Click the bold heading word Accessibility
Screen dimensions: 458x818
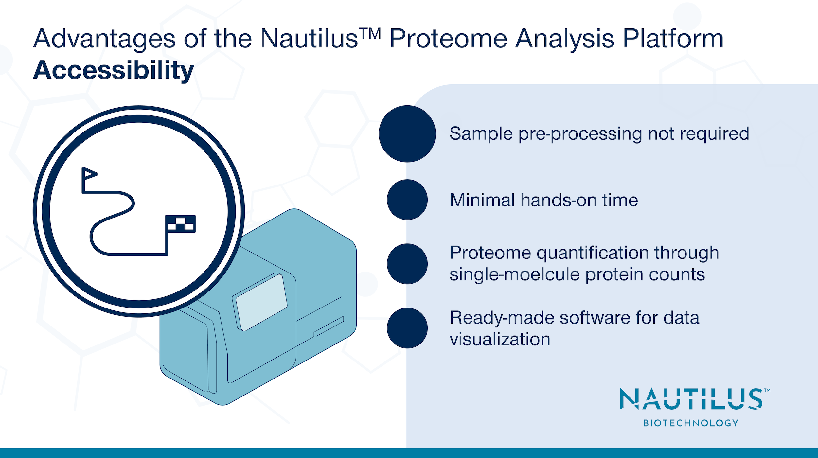pyautogui.click(x=114, y=70)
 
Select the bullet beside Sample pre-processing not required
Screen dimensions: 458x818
pyautogui.click(x=407, y=133)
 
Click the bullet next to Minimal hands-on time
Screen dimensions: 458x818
pyautogui.click(x=407, y=200)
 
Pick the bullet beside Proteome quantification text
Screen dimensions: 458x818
pyautogui.click(x=407, y=264)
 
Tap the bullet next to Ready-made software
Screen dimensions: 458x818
pyautogui.click(x=407, y=328)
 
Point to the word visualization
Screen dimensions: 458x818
pyautogui.click(x=500, y=339)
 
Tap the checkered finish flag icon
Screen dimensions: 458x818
pyautogui.click(x=180, y=223)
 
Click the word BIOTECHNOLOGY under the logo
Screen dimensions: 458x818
pyautogui.click(x=691, y=423)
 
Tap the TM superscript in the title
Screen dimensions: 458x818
pyautogui.click(x=370, y=33)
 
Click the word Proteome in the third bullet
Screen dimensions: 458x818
pyautogui.click(x=490, y=253)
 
